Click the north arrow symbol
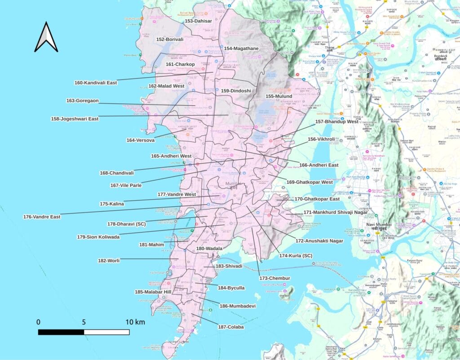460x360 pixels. [46, 37]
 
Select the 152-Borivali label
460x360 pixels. [170, 40]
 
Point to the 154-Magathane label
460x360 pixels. [241, 48]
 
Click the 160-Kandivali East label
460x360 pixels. [95, 83]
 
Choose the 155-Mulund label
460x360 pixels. [279, 97]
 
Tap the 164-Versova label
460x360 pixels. [140, 140]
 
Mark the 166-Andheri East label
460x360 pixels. [318, 165]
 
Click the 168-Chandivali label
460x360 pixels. [116, 173]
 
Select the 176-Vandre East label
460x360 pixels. [42, 217]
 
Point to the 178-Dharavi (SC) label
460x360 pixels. [126, 224]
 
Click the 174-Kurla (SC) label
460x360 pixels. [296, 256]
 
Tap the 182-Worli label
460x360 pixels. [109, 260]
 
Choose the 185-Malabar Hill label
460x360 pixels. [153, 292]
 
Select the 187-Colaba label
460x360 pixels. [231, 327]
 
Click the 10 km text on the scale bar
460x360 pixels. [135, 322]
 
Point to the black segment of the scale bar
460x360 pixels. [61, 332]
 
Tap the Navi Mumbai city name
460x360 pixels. [379, 224]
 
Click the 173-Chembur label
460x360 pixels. [274, 278]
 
